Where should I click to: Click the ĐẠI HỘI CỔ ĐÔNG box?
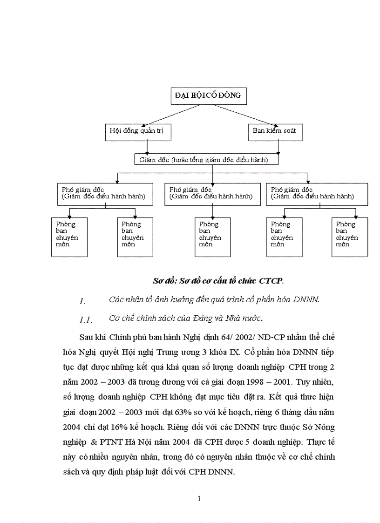pos(208,95)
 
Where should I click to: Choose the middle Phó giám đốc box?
pos(212,193)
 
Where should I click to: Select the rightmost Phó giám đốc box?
pos(317,193)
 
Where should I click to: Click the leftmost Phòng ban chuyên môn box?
pos(69,236)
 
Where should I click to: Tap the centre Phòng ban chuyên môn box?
pos(212,236)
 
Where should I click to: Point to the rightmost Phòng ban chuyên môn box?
pos(349,236)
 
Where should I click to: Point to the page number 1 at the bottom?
pos(199,499)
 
